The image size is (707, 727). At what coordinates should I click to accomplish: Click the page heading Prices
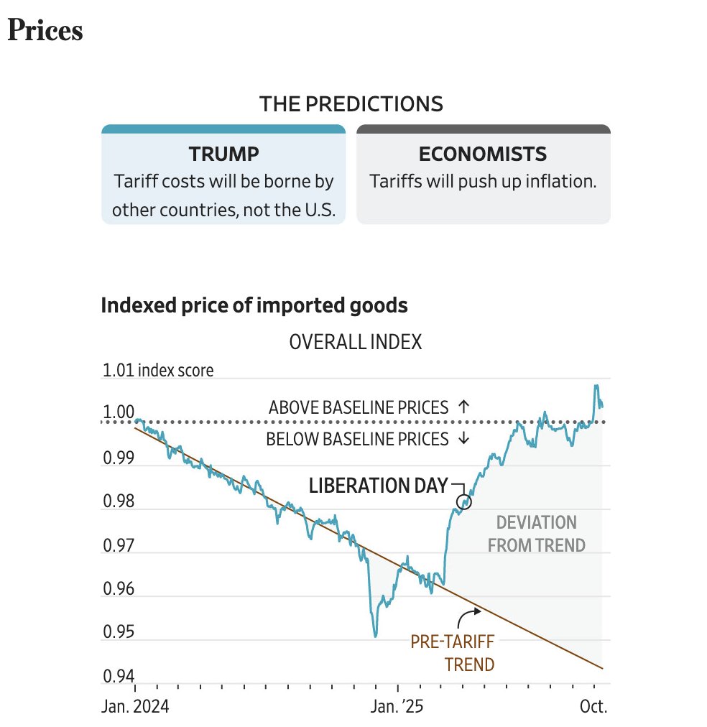point(45,31)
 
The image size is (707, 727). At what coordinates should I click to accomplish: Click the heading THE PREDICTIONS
point(351,104)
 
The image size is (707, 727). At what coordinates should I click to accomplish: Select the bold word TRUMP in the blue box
point(223,154)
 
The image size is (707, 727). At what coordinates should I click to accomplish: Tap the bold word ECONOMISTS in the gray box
point(482,154)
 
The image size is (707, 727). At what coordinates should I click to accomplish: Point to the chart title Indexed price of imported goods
point(254,305)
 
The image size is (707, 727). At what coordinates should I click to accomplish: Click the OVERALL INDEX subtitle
point(355,342)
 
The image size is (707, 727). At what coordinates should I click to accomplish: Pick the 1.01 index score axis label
point(158,371)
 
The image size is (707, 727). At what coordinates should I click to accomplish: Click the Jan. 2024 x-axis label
point(134,706)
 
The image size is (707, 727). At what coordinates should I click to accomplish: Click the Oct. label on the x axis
point(594,706)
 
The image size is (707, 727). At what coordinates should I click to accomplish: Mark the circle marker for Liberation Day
point(464,502)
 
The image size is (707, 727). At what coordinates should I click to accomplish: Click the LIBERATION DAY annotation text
point(378,486)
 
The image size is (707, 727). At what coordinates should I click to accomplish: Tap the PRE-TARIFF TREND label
point(453,652)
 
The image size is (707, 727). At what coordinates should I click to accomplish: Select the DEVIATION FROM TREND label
point(536,534)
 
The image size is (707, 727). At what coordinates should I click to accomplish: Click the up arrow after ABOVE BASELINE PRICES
point(463,407)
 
